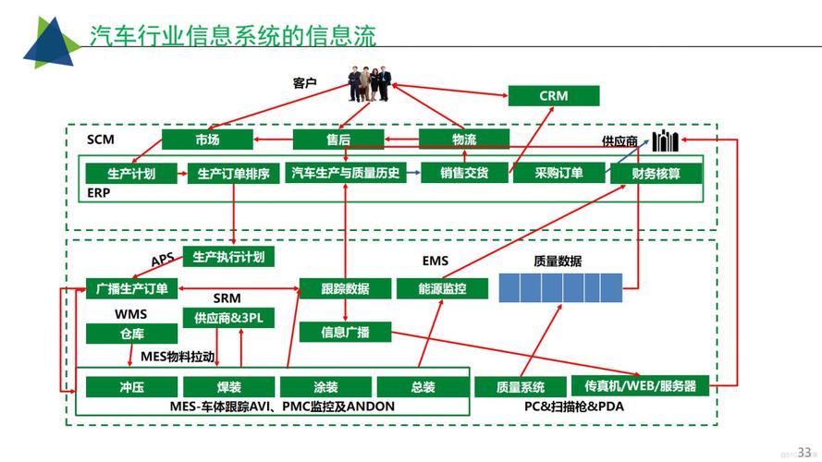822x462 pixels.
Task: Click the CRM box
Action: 553,96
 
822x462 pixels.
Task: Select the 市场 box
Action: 207,140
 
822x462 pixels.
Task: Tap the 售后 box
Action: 337,140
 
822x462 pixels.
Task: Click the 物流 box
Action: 464,140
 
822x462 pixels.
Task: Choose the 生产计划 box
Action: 130,173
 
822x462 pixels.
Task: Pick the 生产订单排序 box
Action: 233,173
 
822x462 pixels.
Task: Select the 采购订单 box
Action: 558,173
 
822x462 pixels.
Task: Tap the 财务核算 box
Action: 656,173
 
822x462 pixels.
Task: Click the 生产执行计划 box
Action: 228,257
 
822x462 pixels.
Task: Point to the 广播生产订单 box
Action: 131,288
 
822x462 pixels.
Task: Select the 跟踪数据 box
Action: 344,288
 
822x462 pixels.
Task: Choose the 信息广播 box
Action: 345,332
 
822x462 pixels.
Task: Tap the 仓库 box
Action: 131,334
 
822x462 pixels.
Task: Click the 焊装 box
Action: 228,387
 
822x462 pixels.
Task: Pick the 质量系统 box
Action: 520,387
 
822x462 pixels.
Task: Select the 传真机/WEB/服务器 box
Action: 640,385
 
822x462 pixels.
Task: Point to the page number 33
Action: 804,451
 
